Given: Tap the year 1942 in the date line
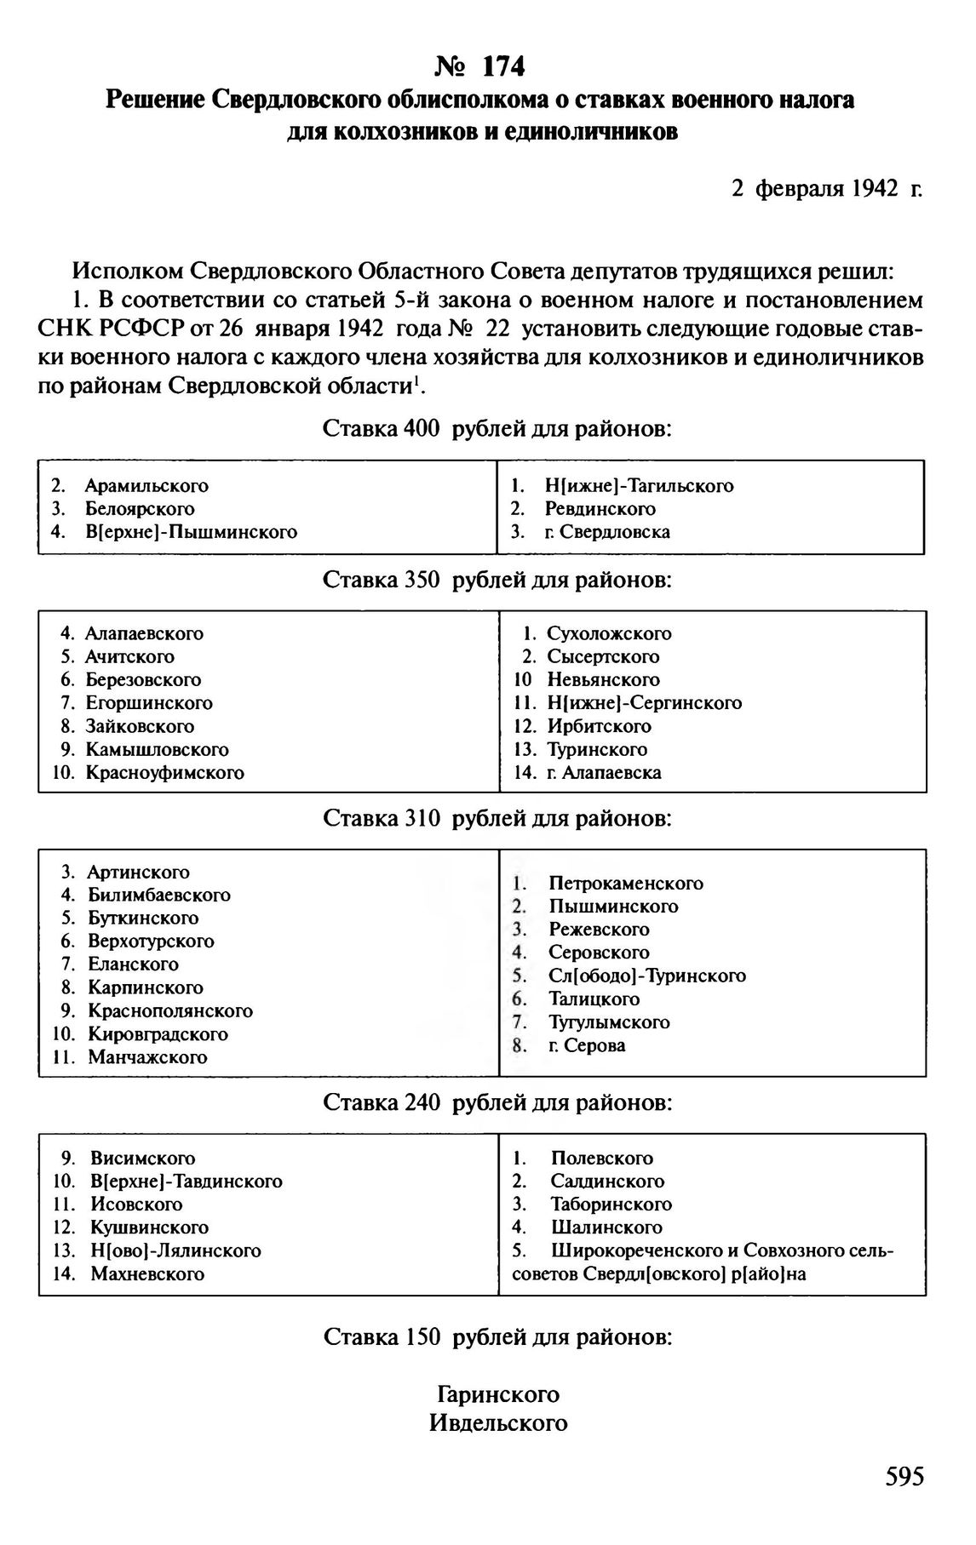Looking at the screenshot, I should [x=875, y=188].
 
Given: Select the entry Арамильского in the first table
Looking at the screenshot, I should [x=146, y=486].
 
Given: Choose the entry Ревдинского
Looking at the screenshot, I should [x=600, y=509].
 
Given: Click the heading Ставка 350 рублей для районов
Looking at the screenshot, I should [x=498, y=581].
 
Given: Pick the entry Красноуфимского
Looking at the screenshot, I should [x=164, y=773].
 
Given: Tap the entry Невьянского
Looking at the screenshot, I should [x=603, y=680].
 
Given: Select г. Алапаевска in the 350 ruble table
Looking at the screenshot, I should [x=604, y=773].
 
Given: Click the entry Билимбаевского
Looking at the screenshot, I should [x=159, y=896].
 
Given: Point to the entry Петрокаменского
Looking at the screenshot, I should [x=626, y=884].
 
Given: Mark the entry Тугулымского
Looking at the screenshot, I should [x=609, y=1022].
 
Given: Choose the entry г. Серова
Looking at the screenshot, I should [x=587, y=1045].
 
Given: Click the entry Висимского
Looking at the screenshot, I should [x=143, y=1159].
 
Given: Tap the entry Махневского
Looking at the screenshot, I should [x=147, y=1274].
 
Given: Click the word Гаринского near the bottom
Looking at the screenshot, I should [x=498, y=1395].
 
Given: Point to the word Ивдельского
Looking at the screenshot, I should [x=498, y=1423].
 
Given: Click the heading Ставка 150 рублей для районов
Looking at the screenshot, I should [x=498, y=1337].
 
